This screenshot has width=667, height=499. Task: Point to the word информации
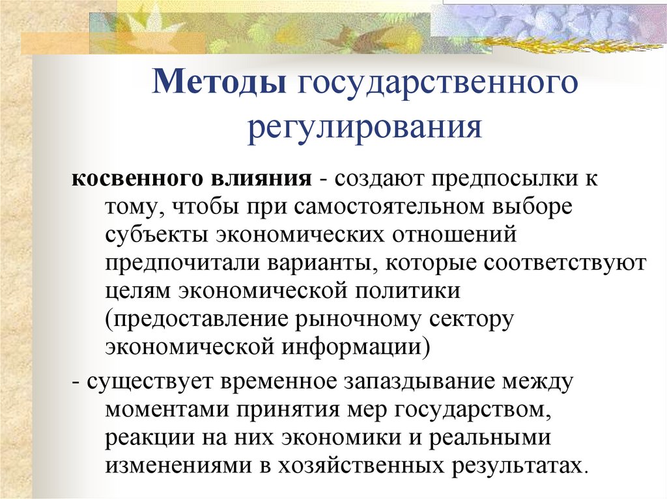click(x=355, y=346)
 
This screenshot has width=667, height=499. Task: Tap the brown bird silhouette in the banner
click(x=352, y=36)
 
